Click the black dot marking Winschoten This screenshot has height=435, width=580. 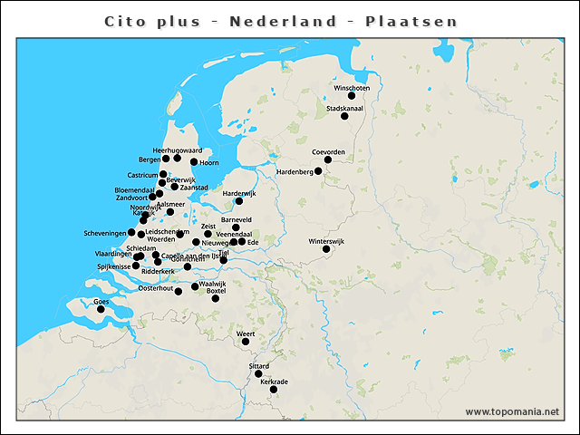point(352,96)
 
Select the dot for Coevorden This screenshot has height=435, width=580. point(328,160)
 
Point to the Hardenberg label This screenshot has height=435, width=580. point(295,171)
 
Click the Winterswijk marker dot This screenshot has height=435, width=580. point(326,249)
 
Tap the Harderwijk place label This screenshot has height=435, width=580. point(240,193)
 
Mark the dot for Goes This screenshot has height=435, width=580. point(101,309)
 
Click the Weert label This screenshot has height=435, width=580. point(246,333)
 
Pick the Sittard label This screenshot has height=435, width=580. point(258,365)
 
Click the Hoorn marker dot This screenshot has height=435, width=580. point(194,162)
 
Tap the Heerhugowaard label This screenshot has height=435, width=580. point(177,150)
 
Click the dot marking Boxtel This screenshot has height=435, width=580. point(216,298)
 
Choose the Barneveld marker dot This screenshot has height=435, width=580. point(237,227)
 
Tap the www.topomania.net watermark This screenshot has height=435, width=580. point(512,411)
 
